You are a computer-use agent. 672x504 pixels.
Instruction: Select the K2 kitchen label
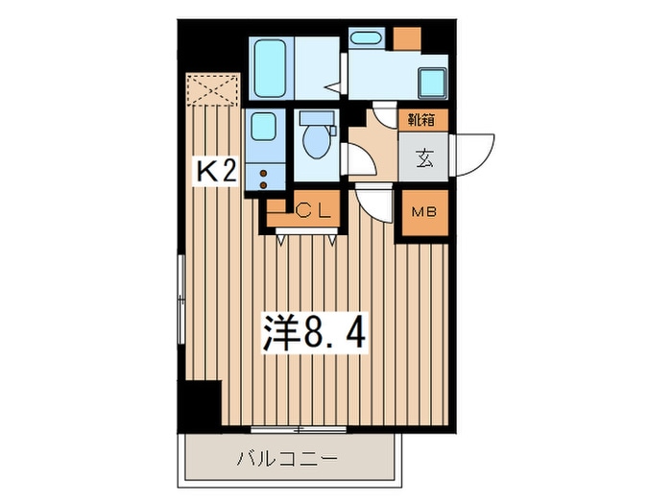point(217,171)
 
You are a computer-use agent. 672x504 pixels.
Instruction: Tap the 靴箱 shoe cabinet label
point(422,120)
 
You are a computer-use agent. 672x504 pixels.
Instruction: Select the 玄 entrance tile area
point(423,159)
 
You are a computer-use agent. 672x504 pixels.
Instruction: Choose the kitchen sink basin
point(263,127)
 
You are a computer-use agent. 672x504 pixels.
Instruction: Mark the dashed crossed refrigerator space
point(213,92)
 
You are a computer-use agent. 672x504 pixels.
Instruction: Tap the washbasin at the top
point(366,40)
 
